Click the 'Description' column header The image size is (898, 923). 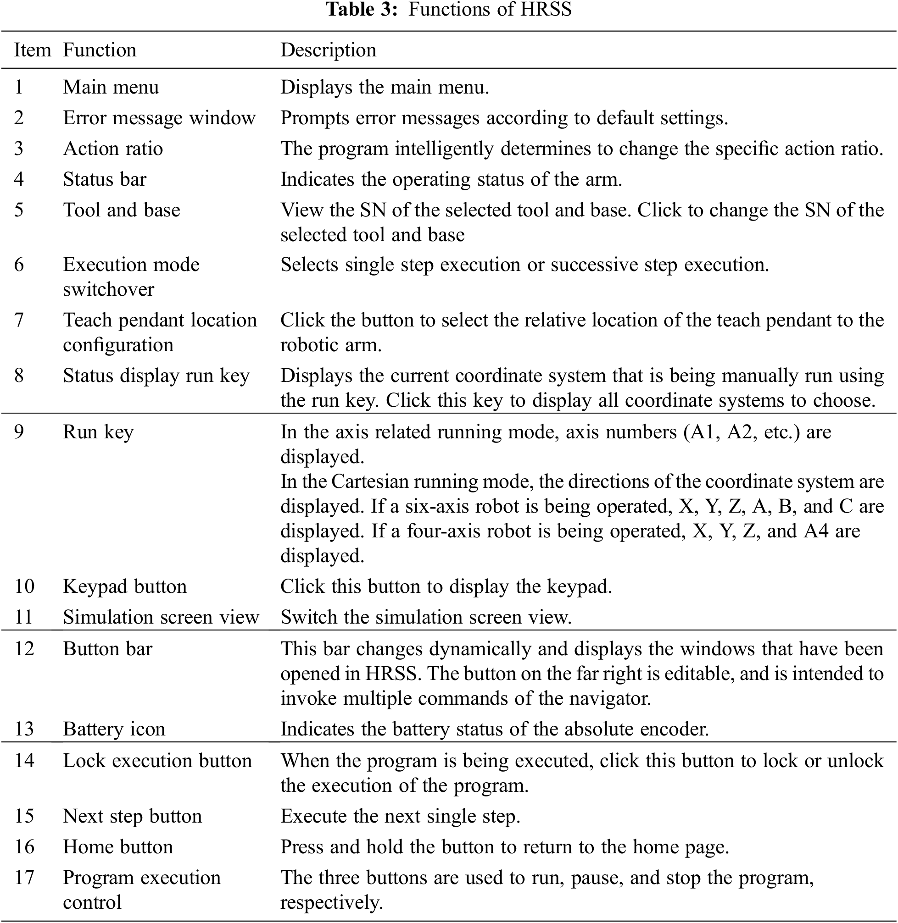[328, 50]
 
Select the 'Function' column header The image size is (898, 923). [100, 50]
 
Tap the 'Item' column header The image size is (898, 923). [32, 50]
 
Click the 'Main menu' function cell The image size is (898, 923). [111, 87]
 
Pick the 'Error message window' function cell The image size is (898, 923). [159, 118]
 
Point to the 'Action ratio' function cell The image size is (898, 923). [113, 149]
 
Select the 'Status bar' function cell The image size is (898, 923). [105, 179]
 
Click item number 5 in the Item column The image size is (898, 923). [19, 210]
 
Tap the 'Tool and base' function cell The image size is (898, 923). [122, 210]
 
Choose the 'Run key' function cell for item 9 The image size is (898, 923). [98, 432]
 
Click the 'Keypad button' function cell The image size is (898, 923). [125, 586]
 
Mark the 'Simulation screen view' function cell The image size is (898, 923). [161, 617]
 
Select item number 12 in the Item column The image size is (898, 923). [24, 649]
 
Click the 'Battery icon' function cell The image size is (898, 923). [114, 729]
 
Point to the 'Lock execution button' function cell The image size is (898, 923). [157, 760]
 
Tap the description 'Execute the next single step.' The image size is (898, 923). [400, 816]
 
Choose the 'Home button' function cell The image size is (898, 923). [118, 846]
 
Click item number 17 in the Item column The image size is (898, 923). [24, 877]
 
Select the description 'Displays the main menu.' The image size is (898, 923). [385, 87]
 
